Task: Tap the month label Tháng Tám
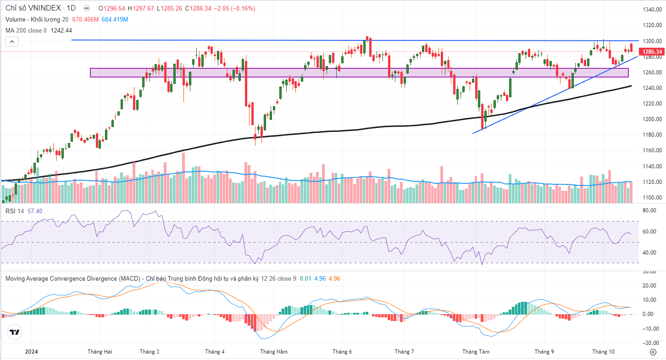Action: [x=476, y=352]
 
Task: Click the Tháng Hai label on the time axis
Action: [x=100, y=352]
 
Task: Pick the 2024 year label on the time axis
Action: [x=31, y=352]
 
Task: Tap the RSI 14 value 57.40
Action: [x=35, y=210]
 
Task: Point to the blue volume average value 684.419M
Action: [x=115, y=19]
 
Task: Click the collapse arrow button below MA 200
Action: [x=12, y=42]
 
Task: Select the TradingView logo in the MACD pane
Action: [x=14, y=332]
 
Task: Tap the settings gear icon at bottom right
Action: [x=653, y=352]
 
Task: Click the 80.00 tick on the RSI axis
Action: [x=649, y=211]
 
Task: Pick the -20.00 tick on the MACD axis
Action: [x=648, y=343]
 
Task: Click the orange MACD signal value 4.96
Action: [x=334, y=278]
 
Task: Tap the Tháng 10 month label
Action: [x=603, y=352]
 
